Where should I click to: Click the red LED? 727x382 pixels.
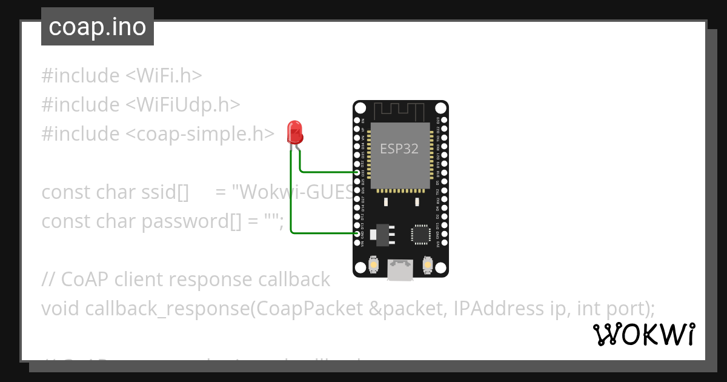295,131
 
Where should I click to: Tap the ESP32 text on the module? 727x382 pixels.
399,149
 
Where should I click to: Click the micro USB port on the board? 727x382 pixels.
400,270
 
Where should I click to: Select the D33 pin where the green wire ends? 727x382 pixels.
357,172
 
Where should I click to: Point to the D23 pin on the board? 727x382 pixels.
445,120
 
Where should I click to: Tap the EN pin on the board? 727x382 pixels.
357,120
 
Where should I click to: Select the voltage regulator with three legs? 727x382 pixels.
382,234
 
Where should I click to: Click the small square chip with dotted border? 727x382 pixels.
420,234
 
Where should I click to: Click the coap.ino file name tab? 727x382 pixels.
98,27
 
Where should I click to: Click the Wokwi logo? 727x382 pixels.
643,335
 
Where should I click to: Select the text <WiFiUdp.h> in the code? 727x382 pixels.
183,105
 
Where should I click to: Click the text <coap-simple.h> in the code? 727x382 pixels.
200,134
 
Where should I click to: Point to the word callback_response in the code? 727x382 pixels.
167,309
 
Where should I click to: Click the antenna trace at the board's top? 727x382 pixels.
400,111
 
